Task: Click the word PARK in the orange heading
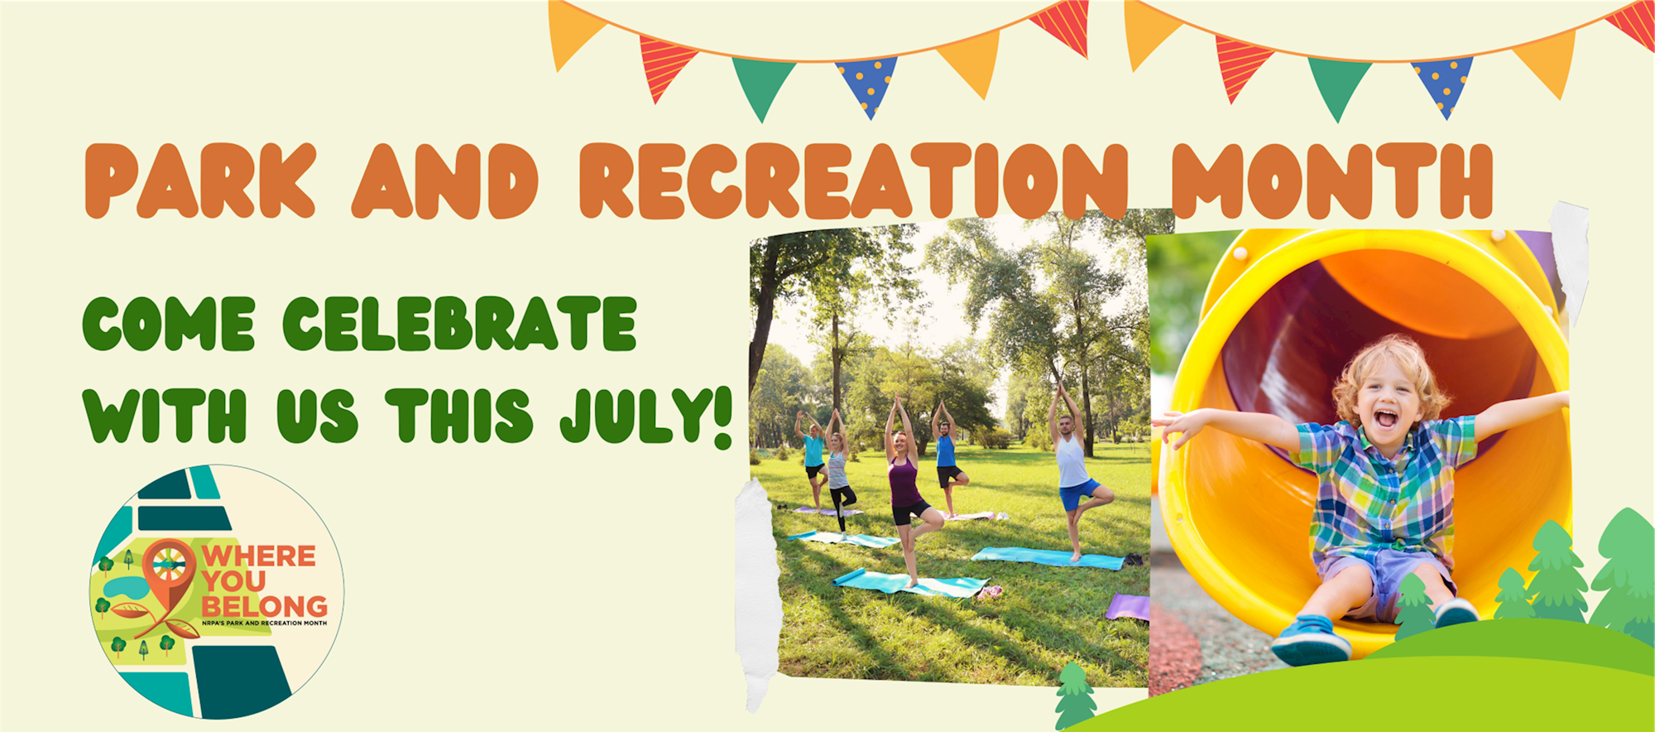(200, 181)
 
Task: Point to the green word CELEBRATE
(460, 324)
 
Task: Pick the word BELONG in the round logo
(264, 606)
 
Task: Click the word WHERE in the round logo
(259, 556)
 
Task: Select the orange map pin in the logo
(169, 575)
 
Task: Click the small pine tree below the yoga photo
(1075, 696)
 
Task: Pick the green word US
(318, 415)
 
